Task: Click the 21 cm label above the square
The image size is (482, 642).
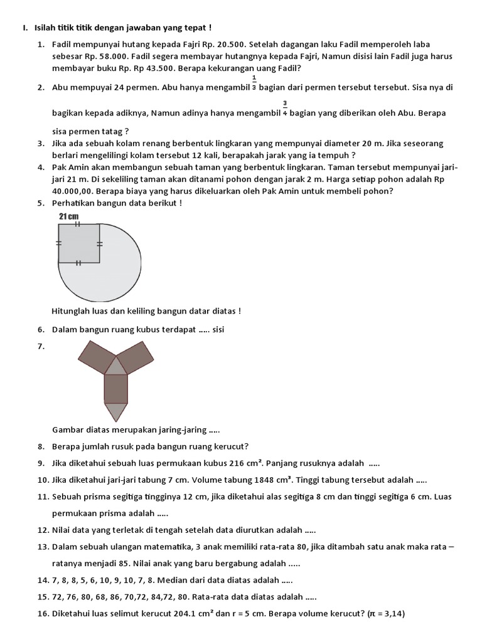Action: click(68, 216)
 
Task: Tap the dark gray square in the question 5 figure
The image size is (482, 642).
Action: click(78, 243)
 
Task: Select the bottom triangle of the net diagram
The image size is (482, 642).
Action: click(116, 411)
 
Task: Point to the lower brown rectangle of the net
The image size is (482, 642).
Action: click(116, 389)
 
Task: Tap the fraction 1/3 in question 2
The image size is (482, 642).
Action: click(254, 83)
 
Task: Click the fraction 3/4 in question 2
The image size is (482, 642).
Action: click(285, 108)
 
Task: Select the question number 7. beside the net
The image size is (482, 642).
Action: click(41, 345)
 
